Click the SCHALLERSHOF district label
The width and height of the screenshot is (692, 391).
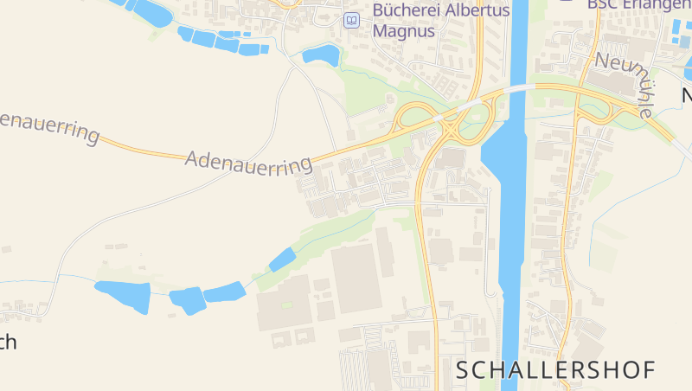click(555, 369)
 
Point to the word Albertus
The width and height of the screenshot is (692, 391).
click(483, 10)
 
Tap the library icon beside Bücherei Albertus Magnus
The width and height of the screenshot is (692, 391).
click(351, 20)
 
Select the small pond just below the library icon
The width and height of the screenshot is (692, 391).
click(321, 54)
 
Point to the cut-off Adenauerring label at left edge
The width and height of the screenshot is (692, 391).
click(48, 126)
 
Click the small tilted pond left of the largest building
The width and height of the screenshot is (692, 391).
click(282, 259)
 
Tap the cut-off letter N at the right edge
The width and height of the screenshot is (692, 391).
click(687, 95)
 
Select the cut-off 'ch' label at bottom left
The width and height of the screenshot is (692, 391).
click(7, 342)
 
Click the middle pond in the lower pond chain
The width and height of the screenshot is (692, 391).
click(187, 299)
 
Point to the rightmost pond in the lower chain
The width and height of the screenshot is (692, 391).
click(225, 292)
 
